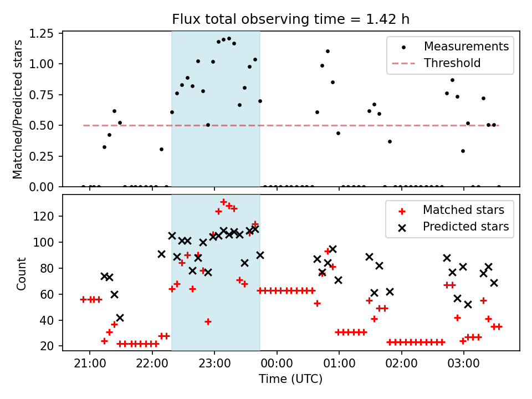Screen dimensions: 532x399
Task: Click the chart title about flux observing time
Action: tap(290, 19)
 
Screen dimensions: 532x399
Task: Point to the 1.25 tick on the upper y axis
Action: tap(42, 34)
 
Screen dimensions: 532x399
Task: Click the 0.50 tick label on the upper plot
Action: tap(42, 126)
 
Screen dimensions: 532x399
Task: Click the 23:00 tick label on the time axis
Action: tap(214, 364)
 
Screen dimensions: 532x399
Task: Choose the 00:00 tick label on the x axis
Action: tap(277, 364)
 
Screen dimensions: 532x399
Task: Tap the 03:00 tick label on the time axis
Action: tap(464, 364)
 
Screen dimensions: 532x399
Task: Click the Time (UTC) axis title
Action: tap(291, 379)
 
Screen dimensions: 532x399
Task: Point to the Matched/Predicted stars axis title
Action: tap(17, 109)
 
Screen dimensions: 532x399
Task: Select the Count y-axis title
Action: tap(22, 273)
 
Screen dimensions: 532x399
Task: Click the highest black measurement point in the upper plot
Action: tap(229, 39)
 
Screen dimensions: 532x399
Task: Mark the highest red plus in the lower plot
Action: tap(223, 202)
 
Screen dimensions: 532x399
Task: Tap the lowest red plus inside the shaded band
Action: tap(208, 321)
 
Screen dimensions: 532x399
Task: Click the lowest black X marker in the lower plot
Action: tap(120, 318)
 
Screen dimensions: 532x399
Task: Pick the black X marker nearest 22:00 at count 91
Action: tap(161, 254)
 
